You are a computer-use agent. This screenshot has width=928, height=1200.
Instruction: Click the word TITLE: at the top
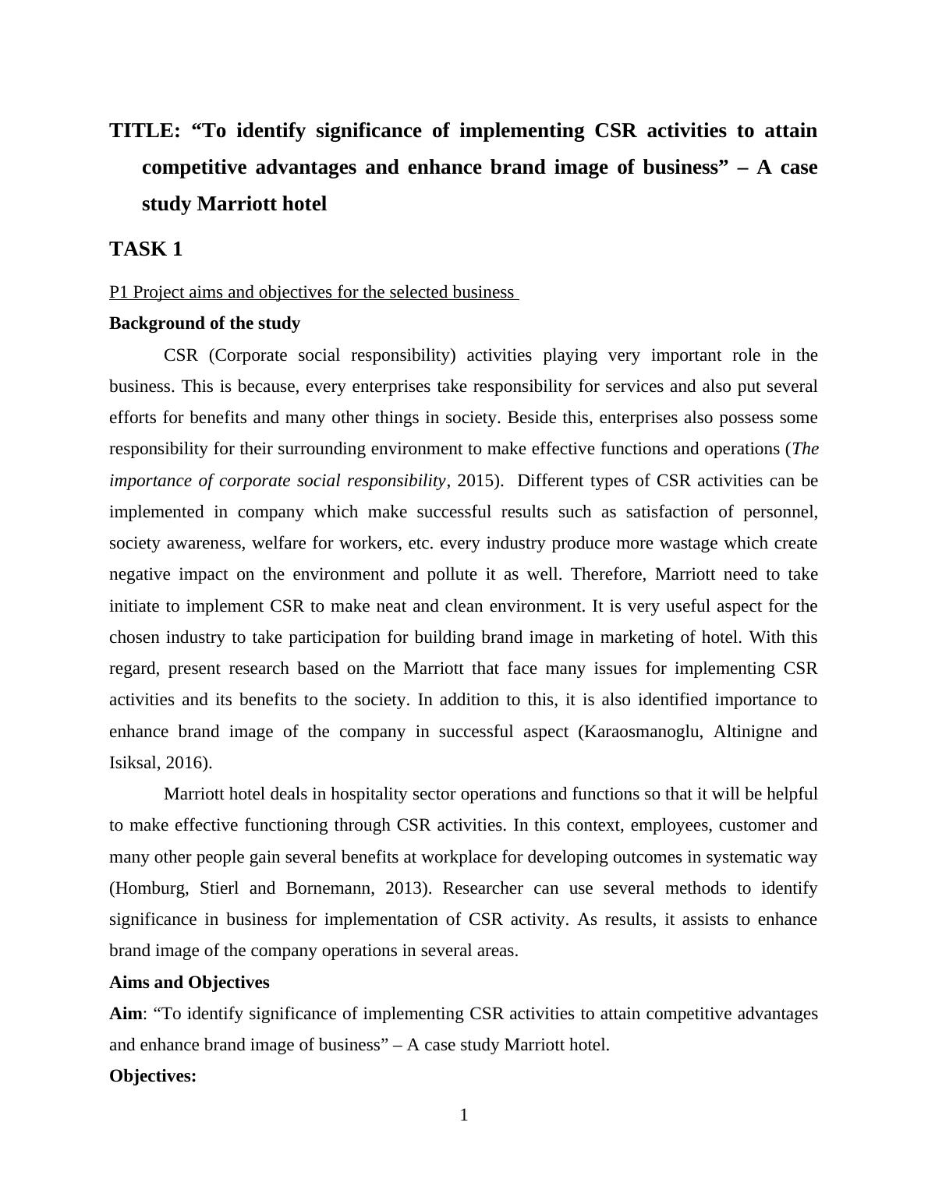145,130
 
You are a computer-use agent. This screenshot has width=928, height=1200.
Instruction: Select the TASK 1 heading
146,249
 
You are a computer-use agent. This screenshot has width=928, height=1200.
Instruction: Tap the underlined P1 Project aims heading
312,292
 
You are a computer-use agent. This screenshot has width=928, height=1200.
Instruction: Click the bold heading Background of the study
204,323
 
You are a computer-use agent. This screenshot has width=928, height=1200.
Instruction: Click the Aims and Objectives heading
189,983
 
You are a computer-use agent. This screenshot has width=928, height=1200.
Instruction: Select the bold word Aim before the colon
126,1014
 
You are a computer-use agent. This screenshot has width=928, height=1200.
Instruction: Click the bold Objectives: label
153,1076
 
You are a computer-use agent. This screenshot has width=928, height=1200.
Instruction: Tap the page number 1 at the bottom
464,1115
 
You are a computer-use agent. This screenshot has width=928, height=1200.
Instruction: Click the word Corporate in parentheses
243,355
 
